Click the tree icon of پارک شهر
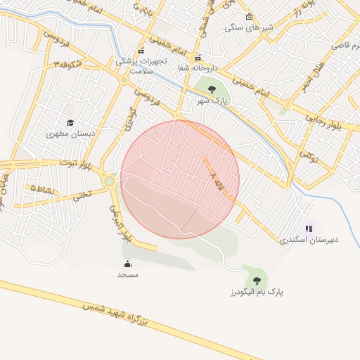coord(212,89)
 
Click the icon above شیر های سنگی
coord(248,17)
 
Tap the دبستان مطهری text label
coord(70,133)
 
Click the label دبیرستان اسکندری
coord(309,239)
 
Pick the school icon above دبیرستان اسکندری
coord(309,229)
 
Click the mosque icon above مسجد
coord(127,264)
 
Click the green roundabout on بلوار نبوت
coord(109,181)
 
